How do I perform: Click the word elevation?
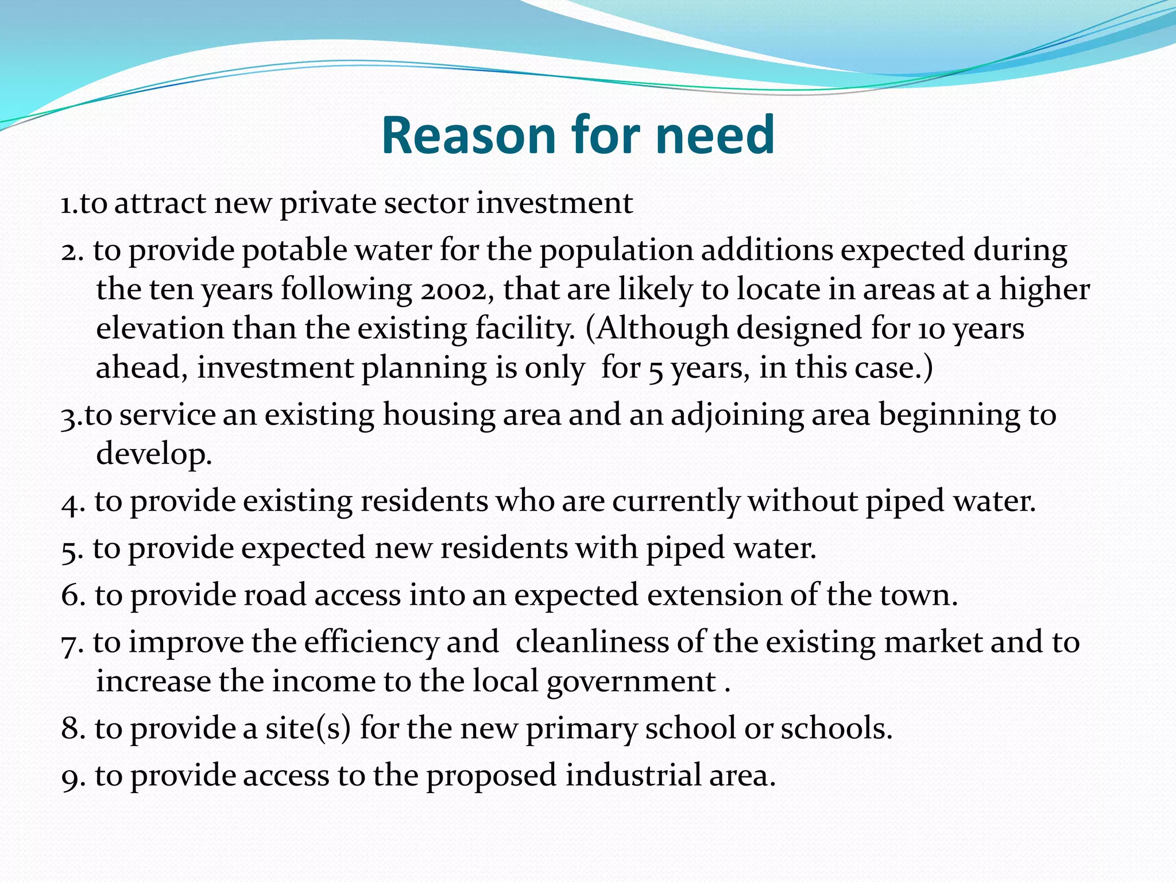[x=160, y=328]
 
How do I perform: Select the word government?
[x=632, y=682]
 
